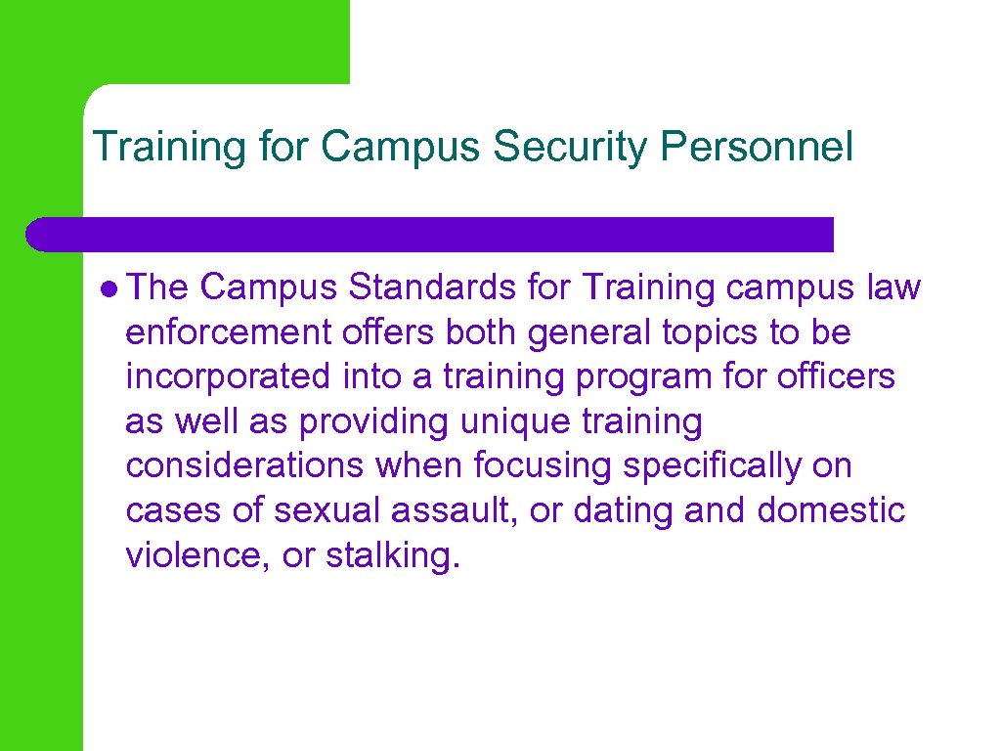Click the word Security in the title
571,148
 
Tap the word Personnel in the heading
757,148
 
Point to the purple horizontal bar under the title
430,235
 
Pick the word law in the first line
893,288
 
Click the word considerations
244,466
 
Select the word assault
457,510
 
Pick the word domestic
832,510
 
